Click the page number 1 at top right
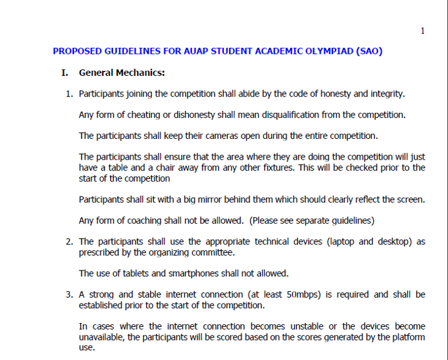423,31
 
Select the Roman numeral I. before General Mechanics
64,73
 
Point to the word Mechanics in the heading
142,73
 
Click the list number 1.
69,93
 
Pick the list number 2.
69,241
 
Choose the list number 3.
69,294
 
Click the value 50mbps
301,294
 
